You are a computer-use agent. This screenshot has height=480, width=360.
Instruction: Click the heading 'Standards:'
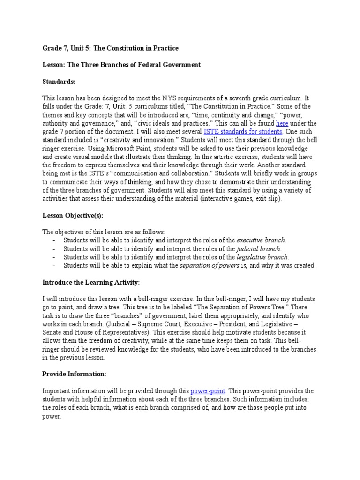59,82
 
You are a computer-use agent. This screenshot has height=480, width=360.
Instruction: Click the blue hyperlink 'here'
282,123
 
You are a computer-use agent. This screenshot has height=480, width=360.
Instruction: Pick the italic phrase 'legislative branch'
262,257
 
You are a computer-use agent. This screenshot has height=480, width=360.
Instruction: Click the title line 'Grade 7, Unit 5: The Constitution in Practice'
110,48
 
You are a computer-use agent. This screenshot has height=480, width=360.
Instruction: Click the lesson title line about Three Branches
121,65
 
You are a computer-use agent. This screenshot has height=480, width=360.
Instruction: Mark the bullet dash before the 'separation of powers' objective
54,266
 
